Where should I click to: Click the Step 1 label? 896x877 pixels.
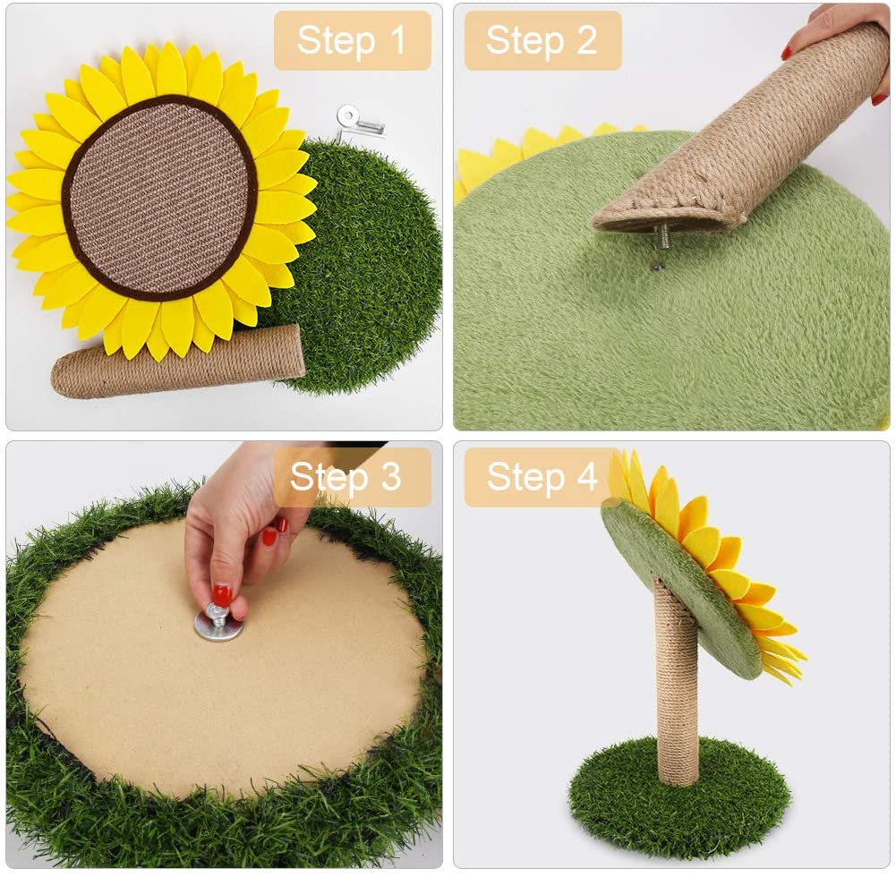pyautogui.click(x=352, y=40)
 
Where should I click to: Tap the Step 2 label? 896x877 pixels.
pyautogui.click(x=542, y=40)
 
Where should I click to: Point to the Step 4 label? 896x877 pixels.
pyautogui.click(x=542, y=476)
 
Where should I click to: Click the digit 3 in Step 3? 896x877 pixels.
pyautogui.click(x=391, y=476)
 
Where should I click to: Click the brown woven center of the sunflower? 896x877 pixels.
pyautogui.click(x=160, y=198)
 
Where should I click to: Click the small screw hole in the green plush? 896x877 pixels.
pyautogui.click(x=658, y=266)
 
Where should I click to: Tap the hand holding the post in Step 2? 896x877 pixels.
pyautogui.click(x=840, y=45)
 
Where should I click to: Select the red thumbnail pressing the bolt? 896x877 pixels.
pyautogui.click(x=222, y=595)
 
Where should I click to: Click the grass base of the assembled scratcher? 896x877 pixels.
pyautogui.click(x=680, y=797)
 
